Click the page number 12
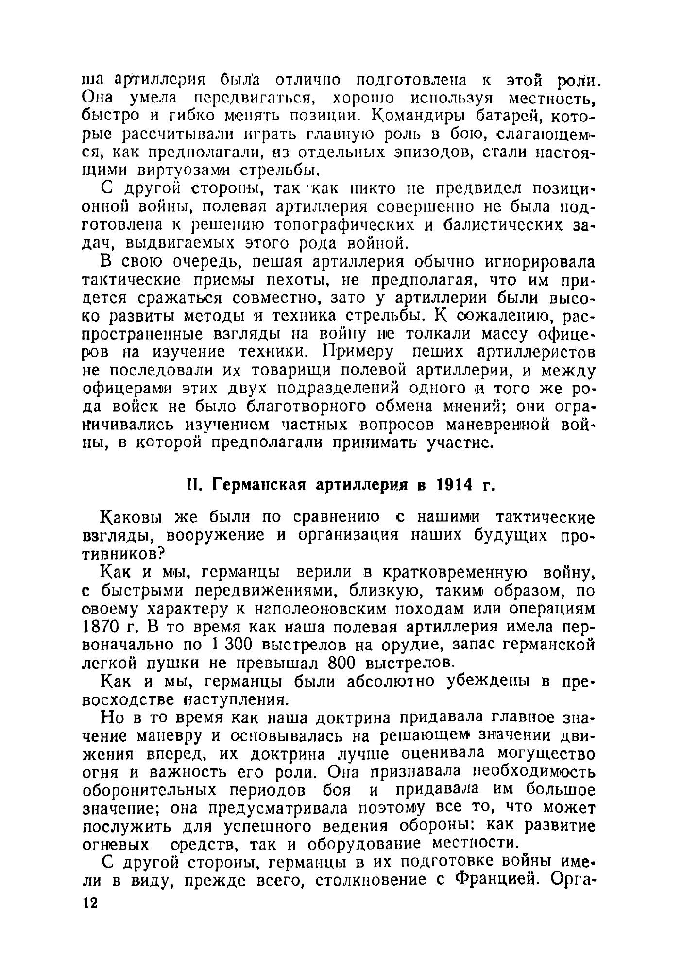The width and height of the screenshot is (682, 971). tap(91, 902)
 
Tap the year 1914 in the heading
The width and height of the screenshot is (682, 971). tap(457, 485)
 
